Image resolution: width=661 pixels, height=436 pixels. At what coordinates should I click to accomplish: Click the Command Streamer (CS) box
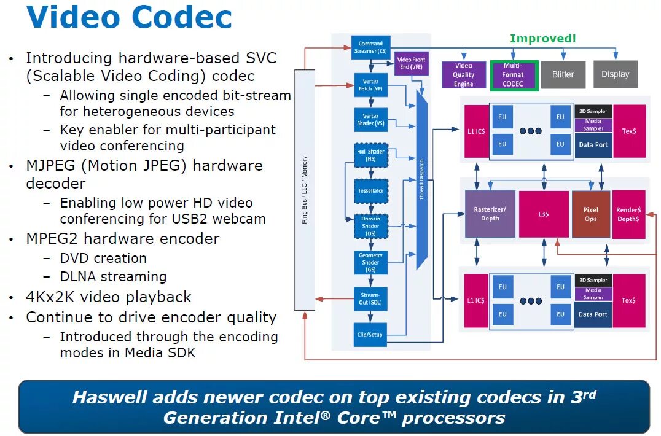click(x=370, y=47)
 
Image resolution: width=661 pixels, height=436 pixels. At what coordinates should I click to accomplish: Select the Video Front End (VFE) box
click(x=409, y=63)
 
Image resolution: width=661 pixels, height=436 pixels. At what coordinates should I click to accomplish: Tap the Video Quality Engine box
click(x=463, y=75)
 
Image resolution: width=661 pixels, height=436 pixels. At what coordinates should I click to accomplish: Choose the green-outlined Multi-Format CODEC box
click(x=513, y=75)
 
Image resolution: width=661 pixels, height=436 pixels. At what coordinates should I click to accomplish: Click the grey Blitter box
click(x=563, y=75)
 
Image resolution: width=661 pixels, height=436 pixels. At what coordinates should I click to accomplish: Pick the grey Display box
click(x=615, y=74)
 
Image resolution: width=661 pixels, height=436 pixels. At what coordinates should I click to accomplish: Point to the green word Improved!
click(x=543, y=39)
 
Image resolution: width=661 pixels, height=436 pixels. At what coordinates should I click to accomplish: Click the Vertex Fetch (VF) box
click(x=370, y=85)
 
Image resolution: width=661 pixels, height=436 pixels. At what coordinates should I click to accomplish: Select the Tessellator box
click(x=370, y=190)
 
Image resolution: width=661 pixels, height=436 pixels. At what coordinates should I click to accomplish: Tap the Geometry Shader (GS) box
click(x=370, y=262)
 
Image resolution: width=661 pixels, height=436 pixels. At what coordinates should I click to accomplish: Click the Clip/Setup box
click(x=370, y=334)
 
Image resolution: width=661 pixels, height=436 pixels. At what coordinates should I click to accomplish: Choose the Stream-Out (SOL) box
click(x=370, y=298)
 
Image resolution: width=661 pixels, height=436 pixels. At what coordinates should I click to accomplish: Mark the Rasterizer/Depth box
click(x=490, y=214)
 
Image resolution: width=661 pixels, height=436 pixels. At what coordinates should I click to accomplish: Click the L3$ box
click(x=543, y=214)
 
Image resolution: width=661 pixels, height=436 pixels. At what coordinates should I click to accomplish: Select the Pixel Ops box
click(x=590, y=214)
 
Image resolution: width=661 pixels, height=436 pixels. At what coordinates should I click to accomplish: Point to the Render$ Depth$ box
click(x=628, y=214)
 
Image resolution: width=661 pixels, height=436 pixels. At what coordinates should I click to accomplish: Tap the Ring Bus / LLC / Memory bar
click(x=305, y=190)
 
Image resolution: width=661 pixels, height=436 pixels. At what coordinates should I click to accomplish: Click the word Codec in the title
click(x=182, y=17)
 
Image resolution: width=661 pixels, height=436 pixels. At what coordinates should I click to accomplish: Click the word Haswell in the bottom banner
click(x=108, y=397)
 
